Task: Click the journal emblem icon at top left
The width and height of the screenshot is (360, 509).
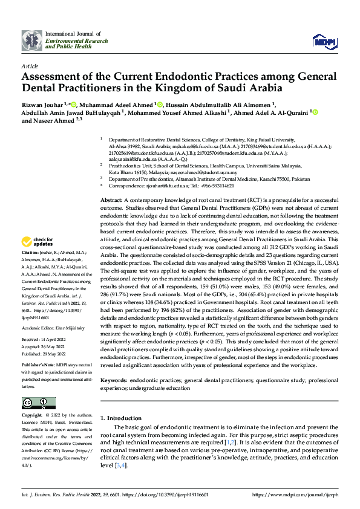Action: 31,41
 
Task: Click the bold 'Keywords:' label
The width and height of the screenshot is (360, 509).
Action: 114,380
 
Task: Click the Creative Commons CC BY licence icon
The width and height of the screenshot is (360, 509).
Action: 38,403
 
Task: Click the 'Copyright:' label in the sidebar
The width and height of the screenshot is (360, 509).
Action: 32,416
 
